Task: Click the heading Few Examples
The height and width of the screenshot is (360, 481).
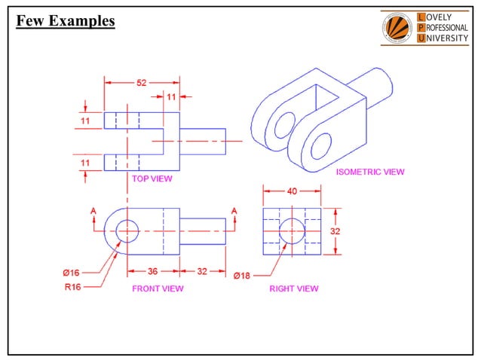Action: [x=66, y=21]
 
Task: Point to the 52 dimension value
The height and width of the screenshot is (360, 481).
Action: [x=142, y=83]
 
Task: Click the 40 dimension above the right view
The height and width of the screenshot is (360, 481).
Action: [x=291, y=191]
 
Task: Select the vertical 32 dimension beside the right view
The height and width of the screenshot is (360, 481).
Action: [x=336, y=231]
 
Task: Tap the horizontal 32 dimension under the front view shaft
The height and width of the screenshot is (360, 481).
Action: [x=202, y=271]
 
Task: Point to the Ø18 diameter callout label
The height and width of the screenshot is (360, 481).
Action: [x=241, y=276]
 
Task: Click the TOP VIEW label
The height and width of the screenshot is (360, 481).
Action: [x=152, y=178]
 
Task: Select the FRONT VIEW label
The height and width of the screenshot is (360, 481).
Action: [x=158, y=288]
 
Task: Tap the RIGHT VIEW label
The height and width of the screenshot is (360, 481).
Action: [x=293, y=288]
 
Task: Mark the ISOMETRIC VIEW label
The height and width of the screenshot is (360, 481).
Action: [x=369, y=172]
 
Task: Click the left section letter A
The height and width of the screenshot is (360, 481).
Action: [x=93, y=210]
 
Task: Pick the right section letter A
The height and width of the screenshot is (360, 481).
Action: [x=234, y=210]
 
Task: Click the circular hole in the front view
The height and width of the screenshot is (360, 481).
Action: [x=127, y=231]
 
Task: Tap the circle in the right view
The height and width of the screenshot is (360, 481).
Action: [x=291, y=232]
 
